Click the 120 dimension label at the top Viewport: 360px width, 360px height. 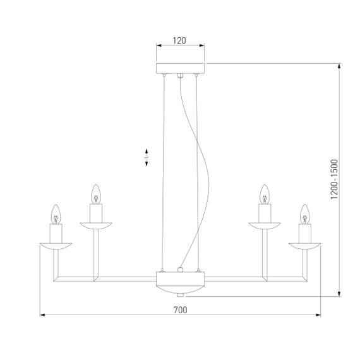point(180,41)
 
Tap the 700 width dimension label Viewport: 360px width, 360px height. point(180,309)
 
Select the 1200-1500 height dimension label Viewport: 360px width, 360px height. point(335,179)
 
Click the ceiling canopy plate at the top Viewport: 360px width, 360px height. point(181,68)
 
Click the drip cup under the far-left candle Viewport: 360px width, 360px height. point(55,244)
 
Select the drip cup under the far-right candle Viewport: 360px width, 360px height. point(305,244)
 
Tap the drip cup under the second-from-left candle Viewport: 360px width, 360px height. point(95,224)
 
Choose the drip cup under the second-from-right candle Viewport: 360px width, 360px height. point(265,224)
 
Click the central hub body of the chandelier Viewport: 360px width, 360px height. point(181,280)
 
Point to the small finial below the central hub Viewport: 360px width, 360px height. point(181,294)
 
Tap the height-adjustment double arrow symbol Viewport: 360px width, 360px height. point(147,157)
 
